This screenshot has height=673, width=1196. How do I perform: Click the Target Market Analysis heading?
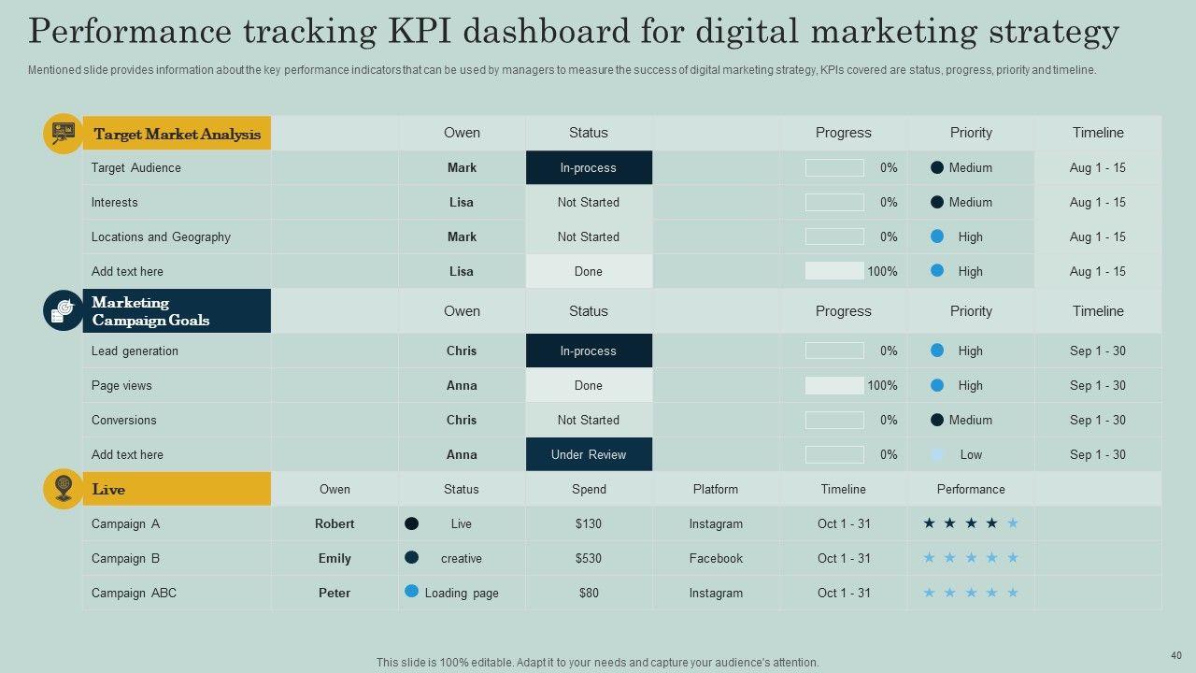177,134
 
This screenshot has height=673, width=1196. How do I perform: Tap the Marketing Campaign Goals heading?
150,311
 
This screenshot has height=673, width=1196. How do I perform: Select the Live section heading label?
108,489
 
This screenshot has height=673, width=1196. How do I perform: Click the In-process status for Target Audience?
589,168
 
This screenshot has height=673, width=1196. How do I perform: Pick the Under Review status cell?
589,454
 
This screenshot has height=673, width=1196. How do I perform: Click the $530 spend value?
589,558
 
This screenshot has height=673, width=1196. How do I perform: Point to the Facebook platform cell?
716,558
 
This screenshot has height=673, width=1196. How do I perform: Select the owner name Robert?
335,523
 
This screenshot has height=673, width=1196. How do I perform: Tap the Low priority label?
971,454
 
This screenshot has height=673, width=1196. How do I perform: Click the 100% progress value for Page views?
882,385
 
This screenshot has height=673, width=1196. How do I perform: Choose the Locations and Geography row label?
161,236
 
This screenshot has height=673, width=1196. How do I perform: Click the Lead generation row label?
135,351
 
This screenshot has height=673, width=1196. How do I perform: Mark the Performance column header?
971,489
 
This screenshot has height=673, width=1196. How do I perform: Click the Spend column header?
589,489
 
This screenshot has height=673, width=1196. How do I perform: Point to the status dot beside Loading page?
411,591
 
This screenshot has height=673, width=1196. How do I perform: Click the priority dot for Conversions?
937,420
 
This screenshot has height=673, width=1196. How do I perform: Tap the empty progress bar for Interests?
834,202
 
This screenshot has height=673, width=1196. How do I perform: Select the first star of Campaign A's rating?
929,523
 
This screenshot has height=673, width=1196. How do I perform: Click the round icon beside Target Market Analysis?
63,134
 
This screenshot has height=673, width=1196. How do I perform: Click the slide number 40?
1175,655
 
